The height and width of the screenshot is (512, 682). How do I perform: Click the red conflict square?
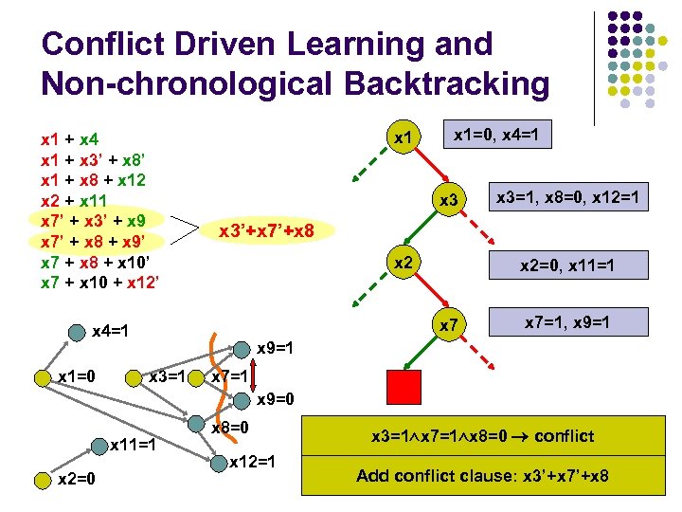[404, 388]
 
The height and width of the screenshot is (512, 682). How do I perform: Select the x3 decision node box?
[450, 200]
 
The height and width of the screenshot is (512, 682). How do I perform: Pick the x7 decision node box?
[450, 325]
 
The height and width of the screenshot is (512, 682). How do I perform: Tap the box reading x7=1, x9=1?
[566, 323]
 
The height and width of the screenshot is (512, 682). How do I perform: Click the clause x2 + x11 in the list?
[74, 200]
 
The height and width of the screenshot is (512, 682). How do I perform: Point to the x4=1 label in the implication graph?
[110, 332]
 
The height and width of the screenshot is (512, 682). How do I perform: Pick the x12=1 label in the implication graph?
[253, 462]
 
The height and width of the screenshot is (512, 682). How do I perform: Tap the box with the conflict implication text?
[483, 436]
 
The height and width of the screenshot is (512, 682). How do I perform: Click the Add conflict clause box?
[483, 475]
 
